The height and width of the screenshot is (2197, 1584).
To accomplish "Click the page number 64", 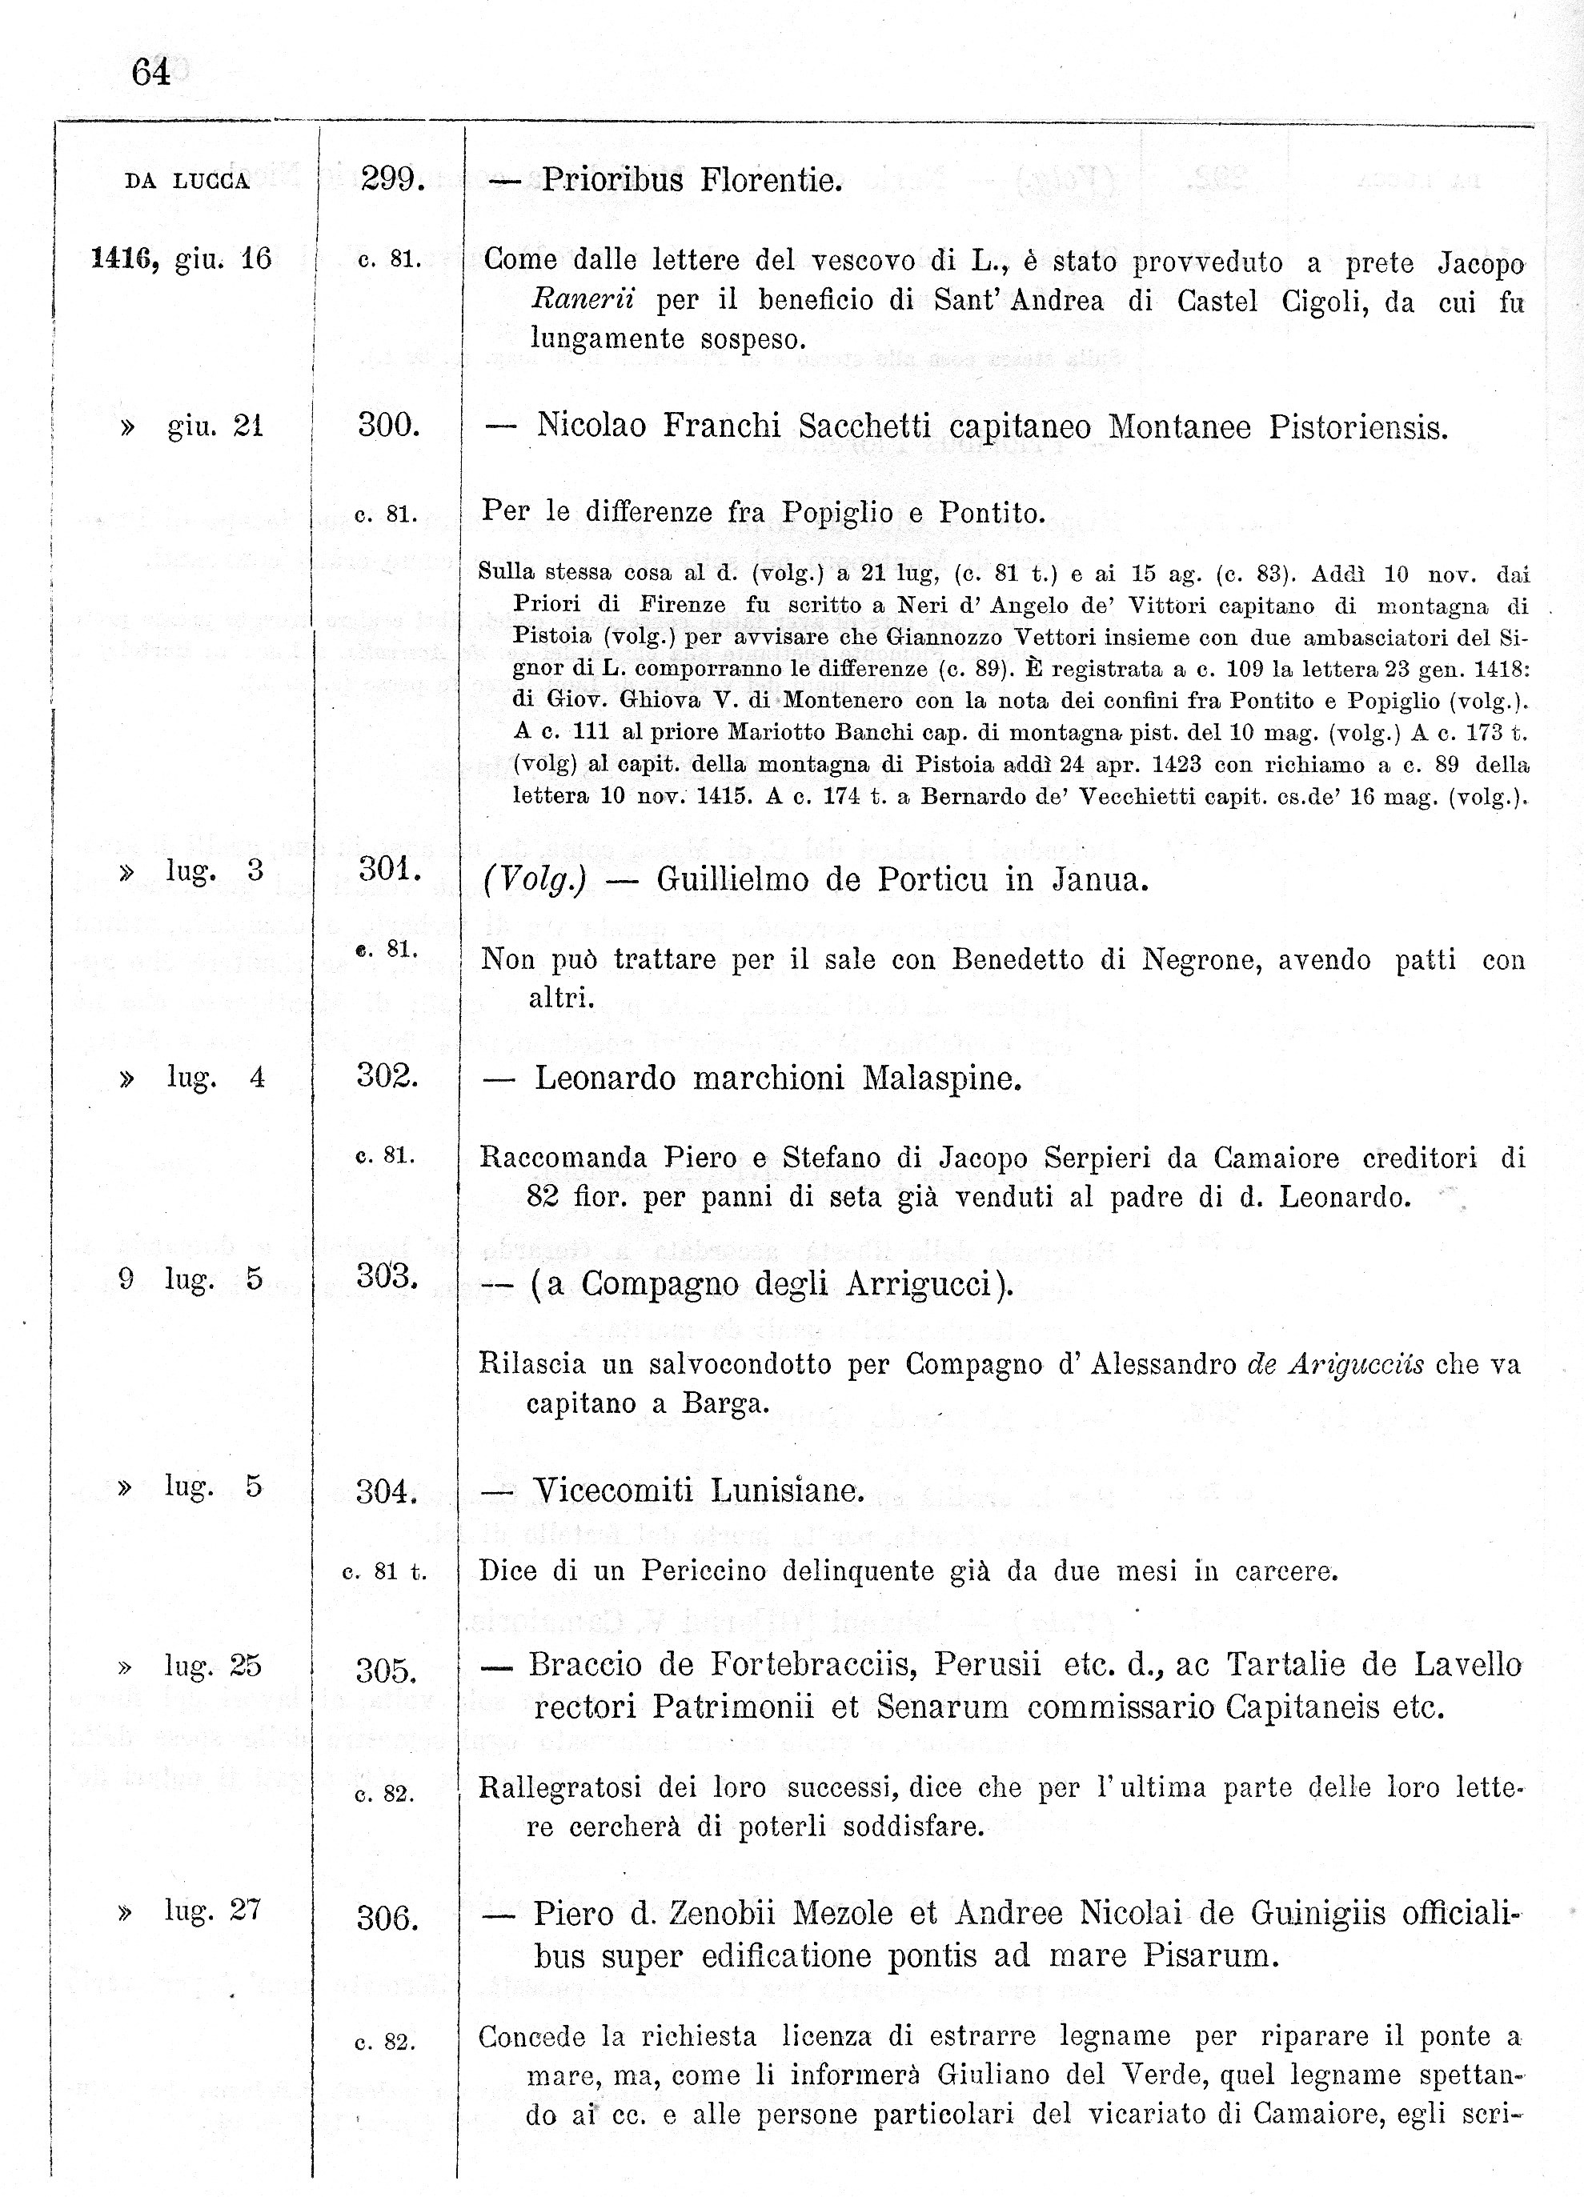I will [151, 73].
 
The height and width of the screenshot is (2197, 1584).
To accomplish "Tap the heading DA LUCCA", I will [187, 181].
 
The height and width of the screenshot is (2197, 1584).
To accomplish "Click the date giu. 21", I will [215, 426].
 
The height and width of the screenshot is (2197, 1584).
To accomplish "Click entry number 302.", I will [387, 1076].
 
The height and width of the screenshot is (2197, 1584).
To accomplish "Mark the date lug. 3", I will [214, 870].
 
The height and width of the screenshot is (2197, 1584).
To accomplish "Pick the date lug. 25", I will [213, 1667].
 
